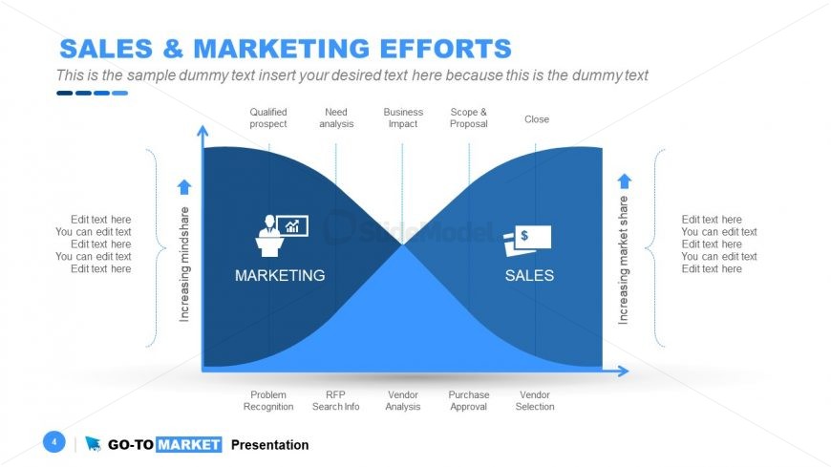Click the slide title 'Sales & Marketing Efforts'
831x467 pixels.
point(285,49)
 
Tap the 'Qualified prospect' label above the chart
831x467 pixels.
point(268,118)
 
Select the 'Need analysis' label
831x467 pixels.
point(336,118)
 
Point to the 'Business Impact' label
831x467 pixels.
point(403,118)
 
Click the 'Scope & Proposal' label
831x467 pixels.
point(469,118)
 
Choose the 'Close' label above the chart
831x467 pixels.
point(537,119)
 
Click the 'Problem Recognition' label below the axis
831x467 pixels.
point(268,401)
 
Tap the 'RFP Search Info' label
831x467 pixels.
point(336,401)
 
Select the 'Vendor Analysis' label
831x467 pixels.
point(403,401)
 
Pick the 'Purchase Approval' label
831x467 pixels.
point(469,401)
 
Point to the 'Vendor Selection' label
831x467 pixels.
point(535,401)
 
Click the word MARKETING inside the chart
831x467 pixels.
point(280,275)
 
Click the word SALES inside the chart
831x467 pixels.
point(529,275)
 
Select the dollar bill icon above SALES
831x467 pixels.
point(527,239)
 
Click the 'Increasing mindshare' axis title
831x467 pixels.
point(185,264)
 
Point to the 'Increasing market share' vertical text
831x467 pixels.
point(624,261)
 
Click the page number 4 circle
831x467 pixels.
point(54,442)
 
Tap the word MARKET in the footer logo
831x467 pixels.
point(188,445)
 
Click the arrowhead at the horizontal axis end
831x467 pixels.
point(624,371)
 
